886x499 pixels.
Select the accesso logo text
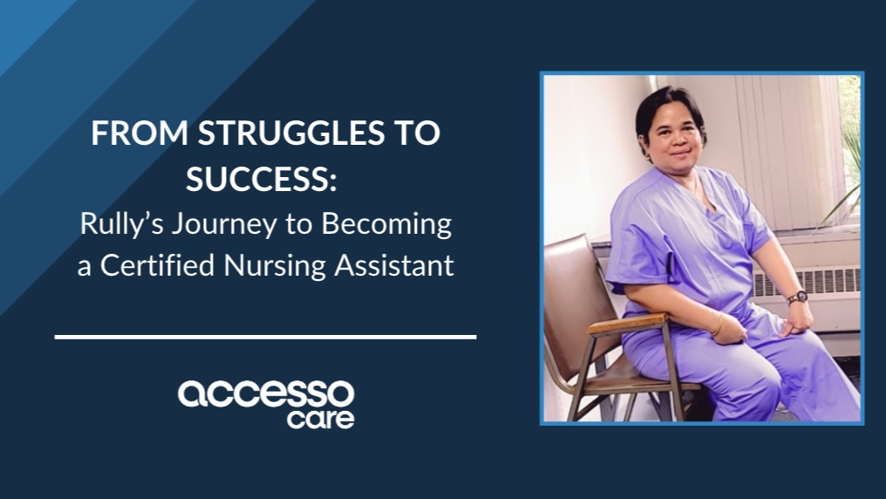tap(266, 394)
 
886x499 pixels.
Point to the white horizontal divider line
tap(265, 336)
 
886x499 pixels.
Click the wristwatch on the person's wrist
tap(796, 297)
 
